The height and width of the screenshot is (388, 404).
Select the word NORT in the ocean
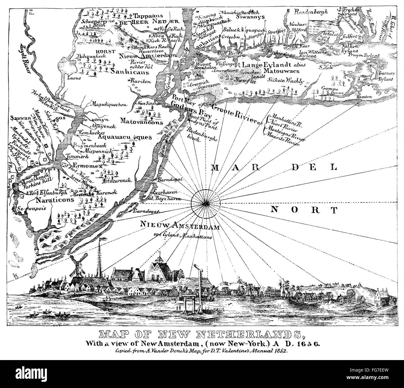pyautogui.click(x=304, y=210)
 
